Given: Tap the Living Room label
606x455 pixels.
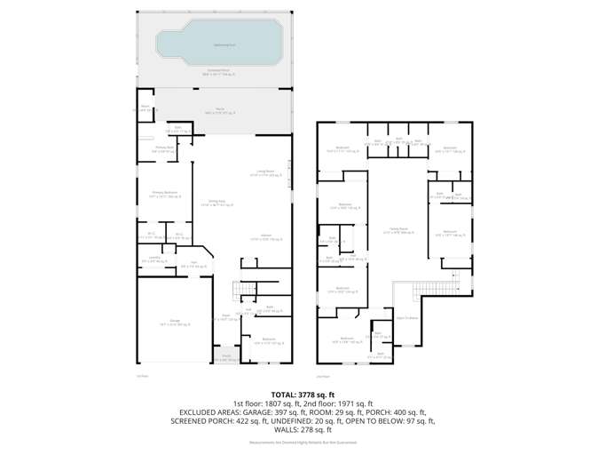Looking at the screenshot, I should pyautogui.click(x=264, y=172).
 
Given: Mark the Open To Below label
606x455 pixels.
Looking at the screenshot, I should pyautogui.click(x=407, y=317).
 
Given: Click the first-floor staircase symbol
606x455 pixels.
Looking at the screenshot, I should pyautogui.click(x=241, y=290).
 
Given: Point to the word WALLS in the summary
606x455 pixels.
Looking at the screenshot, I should pyautogui.click(x=289, y=430).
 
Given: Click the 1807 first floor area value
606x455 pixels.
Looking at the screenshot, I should pyautogui.click(x=275, y=403).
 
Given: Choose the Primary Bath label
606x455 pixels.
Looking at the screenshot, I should pyautogui.click(x=162, y=150).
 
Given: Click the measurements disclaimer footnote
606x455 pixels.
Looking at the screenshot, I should pyautogui.click(x=303, y=442).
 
